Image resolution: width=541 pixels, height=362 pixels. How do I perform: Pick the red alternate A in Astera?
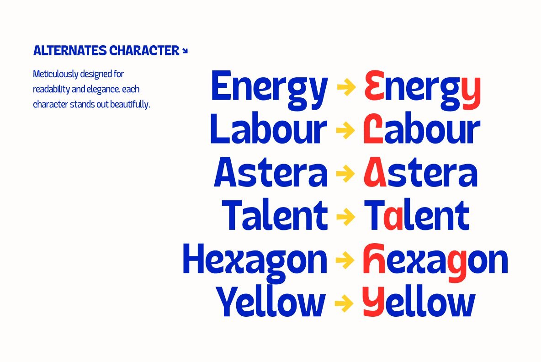click(x=375, y=173)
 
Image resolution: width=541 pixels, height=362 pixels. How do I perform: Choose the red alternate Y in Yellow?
click(x=373, y=302)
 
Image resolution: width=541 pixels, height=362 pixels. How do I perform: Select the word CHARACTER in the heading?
click(x=144, y=51)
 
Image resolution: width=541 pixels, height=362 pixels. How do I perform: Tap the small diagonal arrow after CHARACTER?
click(x=185, y=51)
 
